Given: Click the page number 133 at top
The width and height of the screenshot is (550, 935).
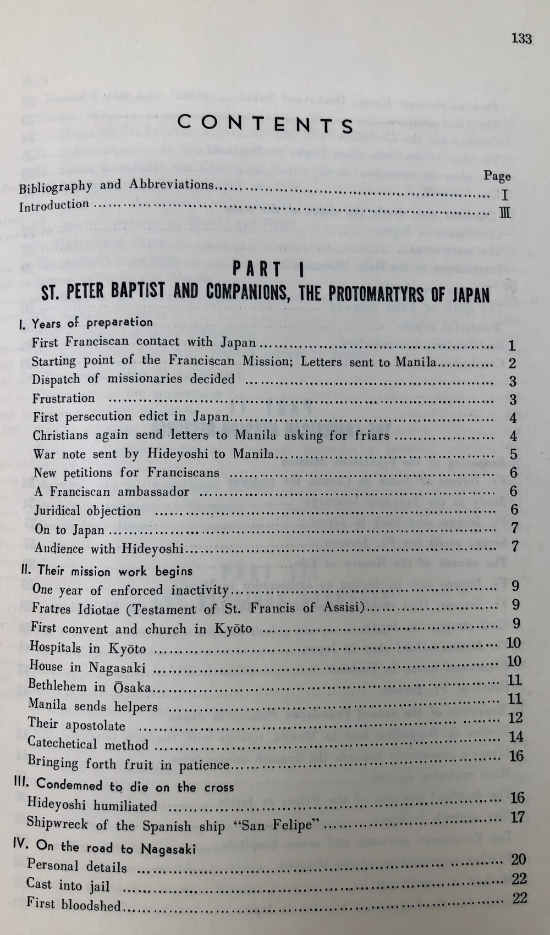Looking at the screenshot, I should point(521,38).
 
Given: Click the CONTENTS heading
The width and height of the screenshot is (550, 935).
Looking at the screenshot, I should point(266,125).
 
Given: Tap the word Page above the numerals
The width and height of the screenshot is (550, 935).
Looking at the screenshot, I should point(497,176).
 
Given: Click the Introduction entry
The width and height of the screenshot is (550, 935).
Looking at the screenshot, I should point(54,206).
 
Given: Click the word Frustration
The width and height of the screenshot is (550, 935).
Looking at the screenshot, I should point(63,399).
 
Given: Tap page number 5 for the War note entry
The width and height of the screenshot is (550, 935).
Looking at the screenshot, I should point(513,455).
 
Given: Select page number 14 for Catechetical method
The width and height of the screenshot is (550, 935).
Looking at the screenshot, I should point(516,737).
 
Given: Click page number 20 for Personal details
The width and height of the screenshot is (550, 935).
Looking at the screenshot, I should point(518,859).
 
